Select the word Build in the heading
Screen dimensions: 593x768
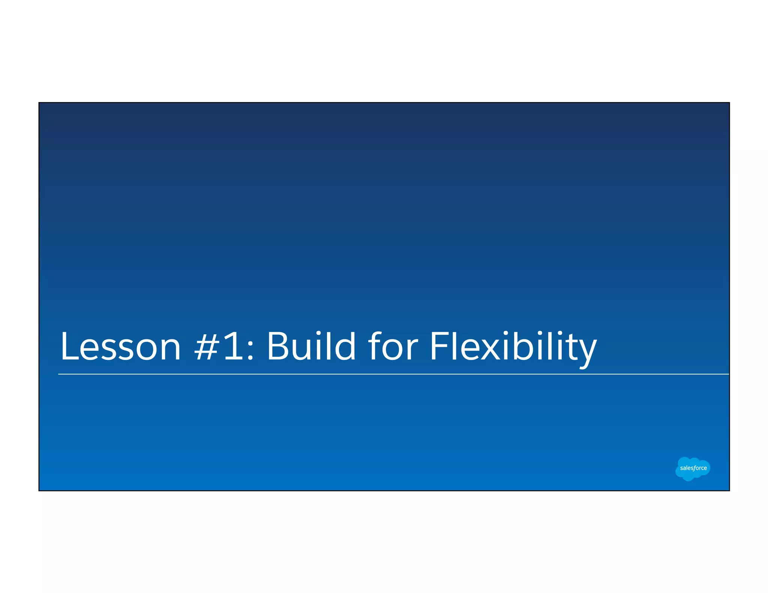point(311,346)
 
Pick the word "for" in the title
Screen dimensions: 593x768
point(393,346)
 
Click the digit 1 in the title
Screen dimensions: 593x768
point(233,346)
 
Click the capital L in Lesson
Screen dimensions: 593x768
point(69,346)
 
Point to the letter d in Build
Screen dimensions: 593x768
point(344,346)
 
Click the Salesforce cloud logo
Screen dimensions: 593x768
point(693,468)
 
